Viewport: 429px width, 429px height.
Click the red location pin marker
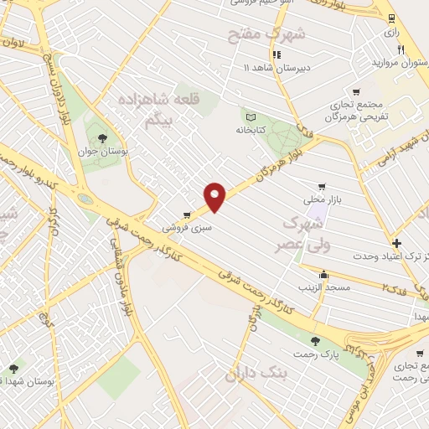(216, 197)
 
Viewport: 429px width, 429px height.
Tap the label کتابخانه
(251, 131)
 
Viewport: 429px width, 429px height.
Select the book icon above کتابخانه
(249, 116)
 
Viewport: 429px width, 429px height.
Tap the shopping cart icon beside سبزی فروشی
(187, 215)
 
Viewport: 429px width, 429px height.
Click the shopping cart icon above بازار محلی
(322, 188)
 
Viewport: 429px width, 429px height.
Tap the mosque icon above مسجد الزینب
(324, 273)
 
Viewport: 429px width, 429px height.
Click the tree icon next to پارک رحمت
(315, 340)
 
